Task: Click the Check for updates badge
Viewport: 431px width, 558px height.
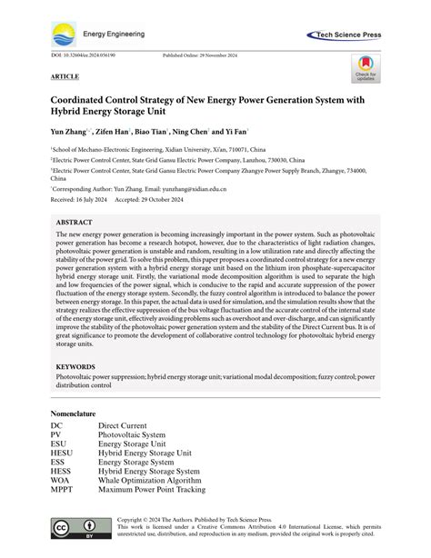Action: [x=365, y=68]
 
